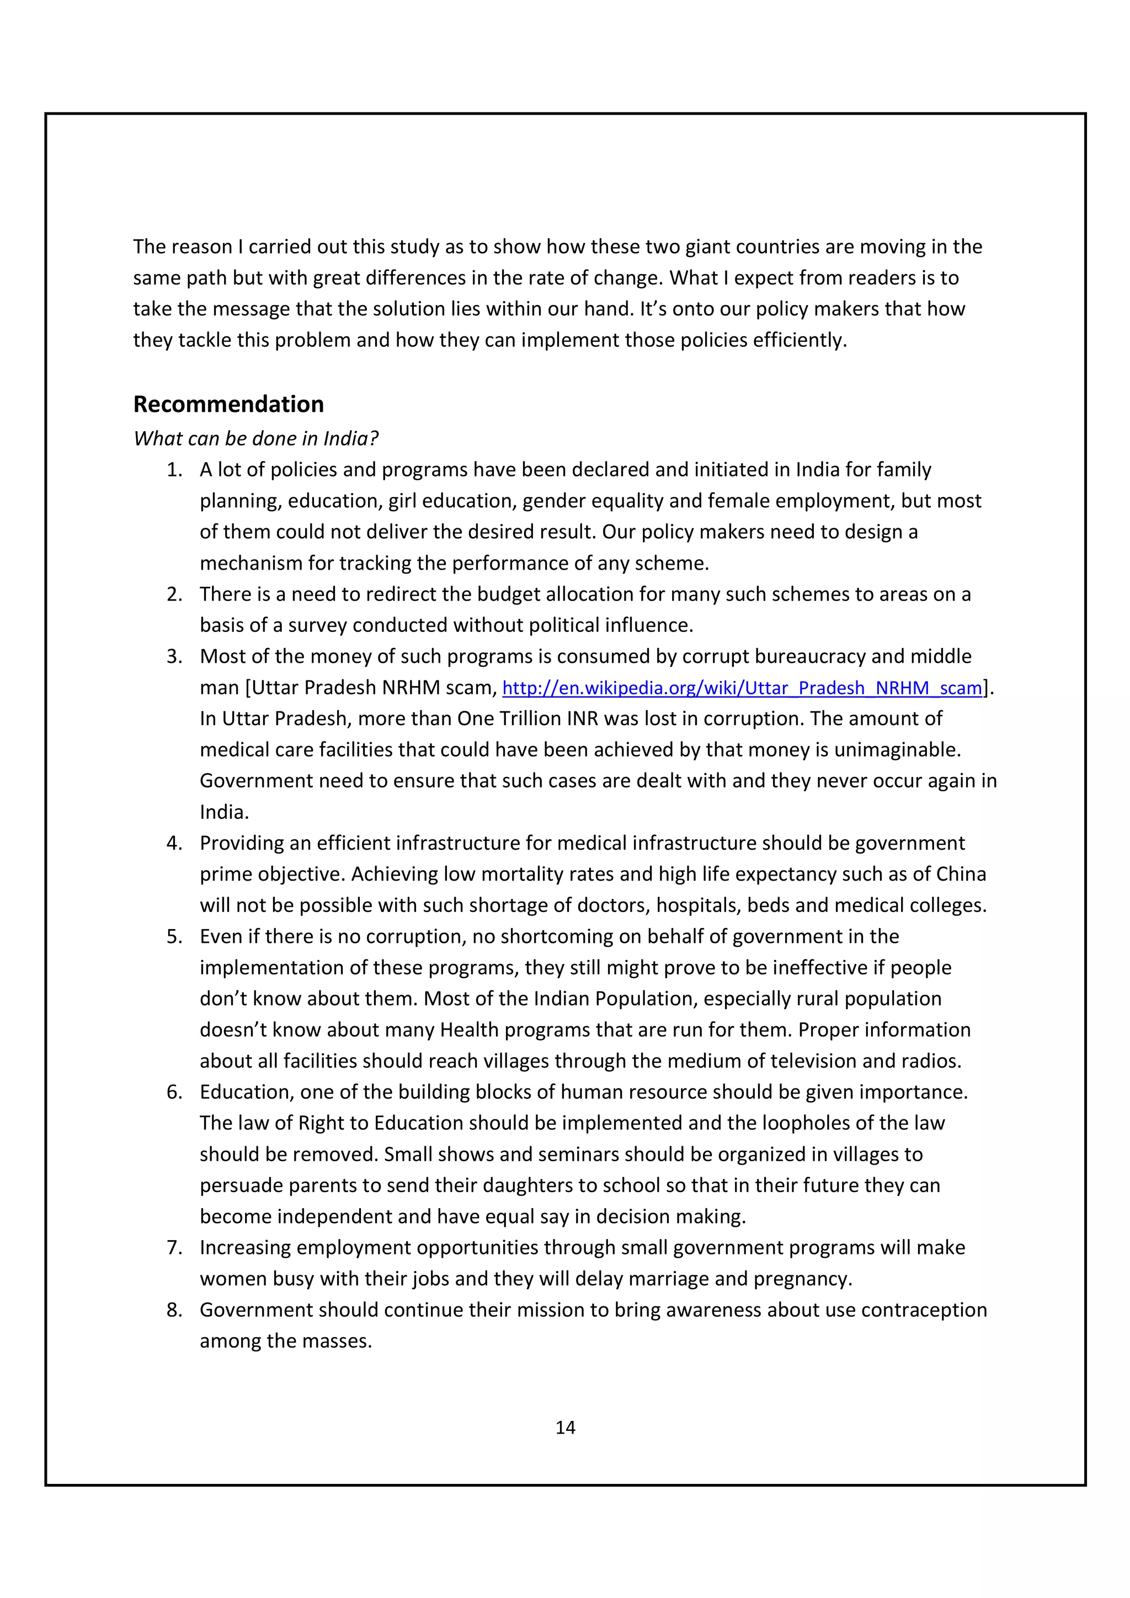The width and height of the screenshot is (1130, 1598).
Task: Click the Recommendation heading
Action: tap(228, 404)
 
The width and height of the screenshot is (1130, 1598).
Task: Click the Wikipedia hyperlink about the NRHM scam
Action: tap(742, 688)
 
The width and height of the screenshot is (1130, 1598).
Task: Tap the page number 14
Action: tap(564, 1428)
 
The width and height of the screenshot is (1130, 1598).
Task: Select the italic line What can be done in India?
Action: tap(255, 438)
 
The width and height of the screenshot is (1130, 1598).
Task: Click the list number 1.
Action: tap(174, 470)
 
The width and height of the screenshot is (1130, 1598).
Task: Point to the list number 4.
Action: tap(174, 843)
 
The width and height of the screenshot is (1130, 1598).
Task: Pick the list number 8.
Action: tap(174, 1310)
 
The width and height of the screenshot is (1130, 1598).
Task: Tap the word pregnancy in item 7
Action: tap(802, 1279)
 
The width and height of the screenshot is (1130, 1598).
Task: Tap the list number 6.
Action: tap(174, 1092)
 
